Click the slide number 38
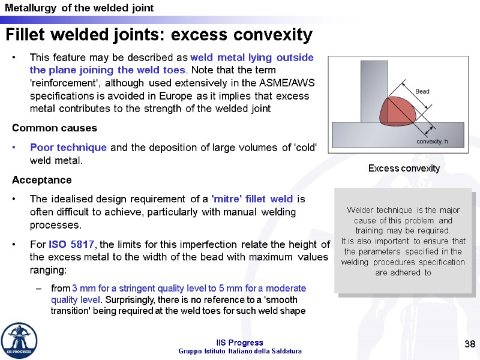[x=469, y=344]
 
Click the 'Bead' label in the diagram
[x=422, y=91]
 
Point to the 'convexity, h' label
[x=433, y=142]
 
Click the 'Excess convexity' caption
[x=404, y=169]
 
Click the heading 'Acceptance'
[x=42, y=180]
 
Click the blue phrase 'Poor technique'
[x=68, y=148]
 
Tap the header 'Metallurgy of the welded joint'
[x=79, y=8]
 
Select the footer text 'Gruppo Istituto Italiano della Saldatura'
[x=240, y=351]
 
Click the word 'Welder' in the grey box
[x=360, y=210]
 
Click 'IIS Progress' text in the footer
[x=240, y=343]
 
